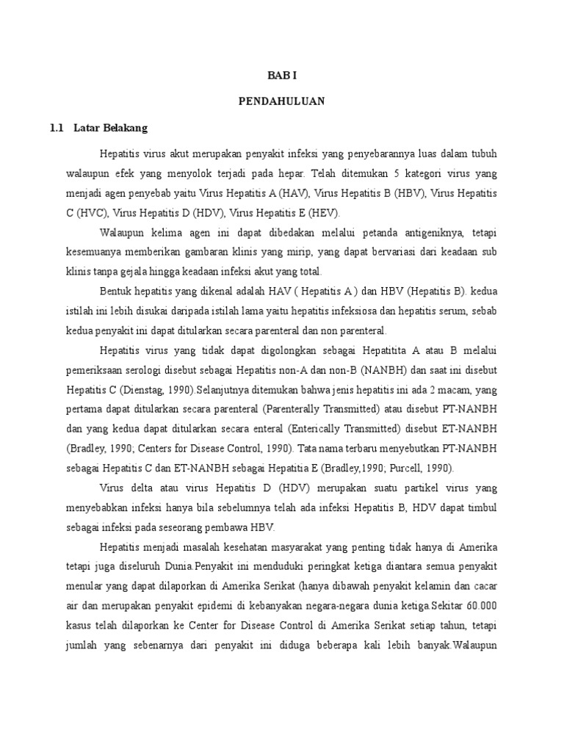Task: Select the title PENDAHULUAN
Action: coord(281,101)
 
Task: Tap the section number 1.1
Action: coord(58,128)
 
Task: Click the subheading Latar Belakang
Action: coord(111,128)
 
